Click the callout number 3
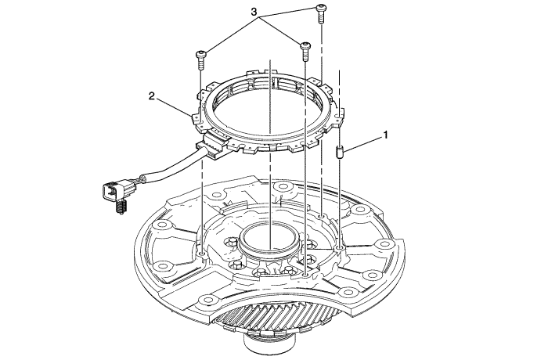coord(254,12)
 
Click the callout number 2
coord(152,96)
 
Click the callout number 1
coord(385,135)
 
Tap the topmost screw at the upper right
coord(321,13)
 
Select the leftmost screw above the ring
coord(200,60)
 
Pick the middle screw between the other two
coord(305,52)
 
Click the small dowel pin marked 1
coord(340,153)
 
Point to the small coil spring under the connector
coord(120,206)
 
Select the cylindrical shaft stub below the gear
coord(270,347)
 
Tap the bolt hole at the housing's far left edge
coord(162,225)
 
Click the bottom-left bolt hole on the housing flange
coord(207,300)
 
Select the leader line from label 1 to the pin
coord(362,144)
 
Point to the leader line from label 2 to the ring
coord(174,106)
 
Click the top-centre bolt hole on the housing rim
coord(281,187)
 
